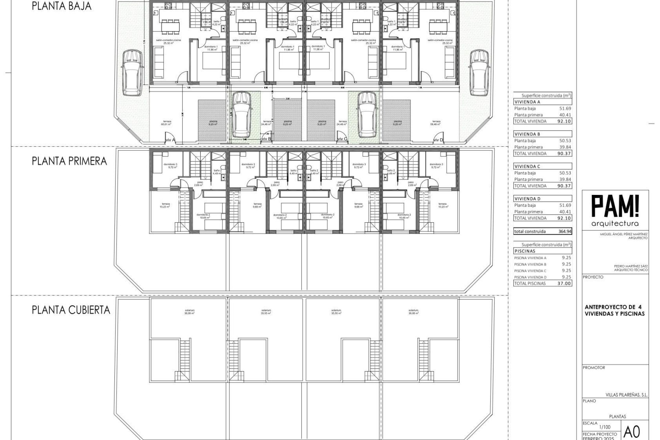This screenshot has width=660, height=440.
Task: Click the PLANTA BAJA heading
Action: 62,6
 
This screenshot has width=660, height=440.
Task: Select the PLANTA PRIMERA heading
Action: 69,161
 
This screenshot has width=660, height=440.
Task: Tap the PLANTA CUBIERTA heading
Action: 71,310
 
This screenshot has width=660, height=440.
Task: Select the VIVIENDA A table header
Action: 528,102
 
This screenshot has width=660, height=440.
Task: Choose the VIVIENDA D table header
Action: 528,199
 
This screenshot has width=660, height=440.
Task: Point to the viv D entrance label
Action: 438,140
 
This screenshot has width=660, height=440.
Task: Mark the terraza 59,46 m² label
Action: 436,123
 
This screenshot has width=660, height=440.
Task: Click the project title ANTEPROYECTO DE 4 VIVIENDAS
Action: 615,310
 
